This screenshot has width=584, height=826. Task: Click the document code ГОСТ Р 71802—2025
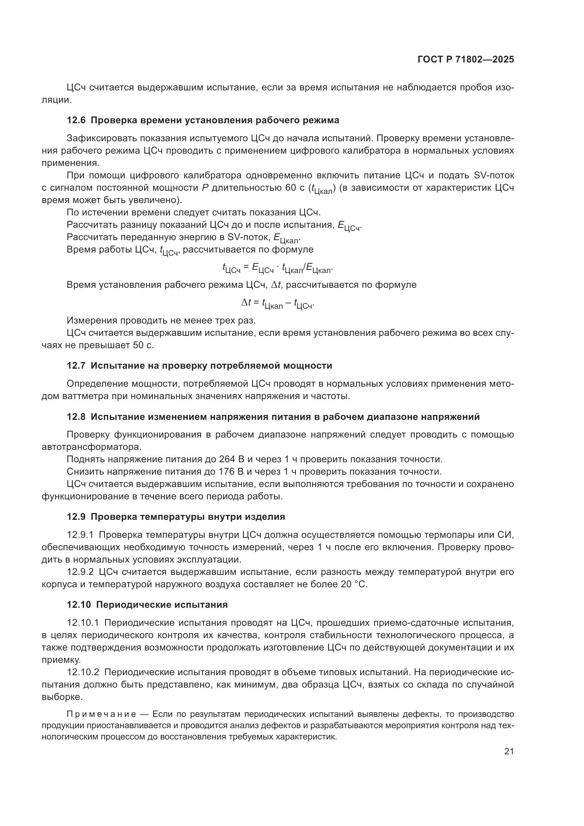pyautogui.click(x=466, y=60)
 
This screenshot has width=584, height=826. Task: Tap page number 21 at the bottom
pyautogui.click(x=509, y=751)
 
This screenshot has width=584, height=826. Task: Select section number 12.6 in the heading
pyautogui.click(x=76, y=120)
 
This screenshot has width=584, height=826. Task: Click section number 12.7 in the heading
pyautogui.click(x=76, y=366)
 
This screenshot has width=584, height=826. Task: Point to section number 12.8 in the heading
pyautogui.click(x=76, y=417)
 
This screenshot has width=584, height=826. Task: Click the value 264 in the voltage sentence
pyautogui.click(x=227, y=459)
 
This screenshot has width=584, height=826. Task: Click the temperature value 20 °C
pyautogui.click(x=354, y=584)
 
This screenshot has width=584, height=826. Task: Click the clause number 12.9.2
pyautogui.click(x=80, y=572)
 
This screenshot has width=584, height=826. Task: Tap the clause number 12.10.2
pyautogui.click(x=83, y=672)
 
